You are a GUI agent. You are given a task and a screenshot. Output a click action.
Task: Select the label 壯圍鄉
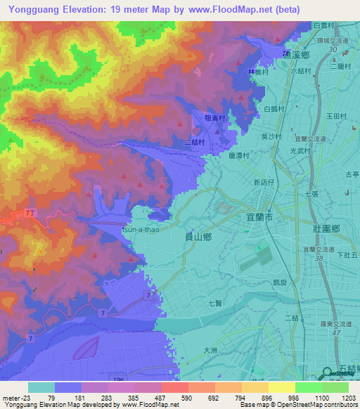pyautogui.click(x=327, y=229)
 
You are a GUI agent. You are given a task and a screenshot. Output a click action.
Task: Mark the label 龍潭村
pyautogui.click(x=240, y=158)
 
